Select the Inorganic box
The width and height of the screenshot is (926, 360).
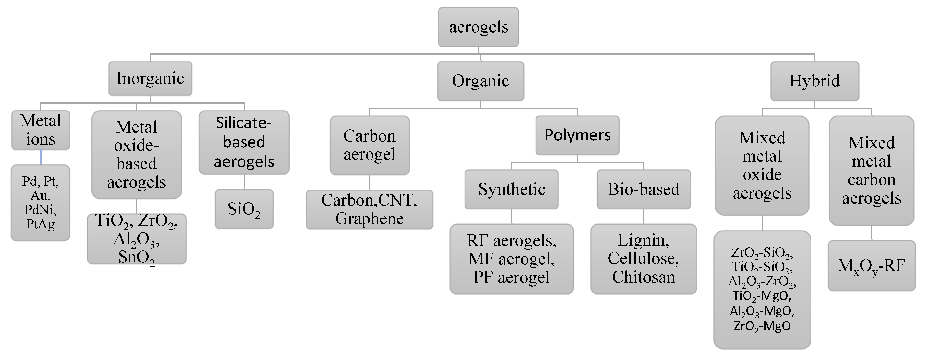[150, 78]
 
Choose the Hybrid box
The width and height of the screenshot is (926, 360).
[815, 81]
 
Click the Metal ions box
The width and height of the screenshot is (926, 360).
[41, 130]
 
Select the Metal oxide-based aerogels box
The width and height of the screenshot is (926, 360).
[137, 154]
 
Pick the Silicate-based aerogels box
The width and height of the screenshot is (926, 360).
[244, 142]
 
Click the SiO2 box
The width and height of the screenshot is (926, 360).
[244, 209]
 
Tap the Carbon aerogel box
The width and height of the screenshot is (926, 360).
[370, 145]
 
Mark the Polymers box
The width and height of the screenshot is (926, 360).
[577, 135]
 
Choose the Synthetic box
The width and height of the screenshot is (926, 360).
[512, 189]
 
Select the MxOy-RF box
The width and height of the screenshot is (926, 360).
[871, 266]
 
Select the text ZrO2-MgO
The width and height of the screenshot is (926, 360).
[762, 326]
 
